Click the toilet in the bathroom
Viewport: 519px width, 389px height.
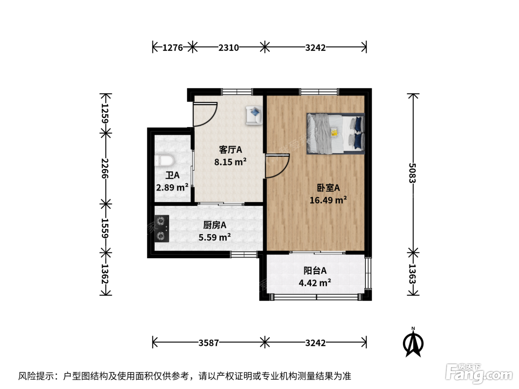(164, 161)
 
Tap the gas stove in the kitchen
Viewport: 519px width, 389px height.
(162, 228)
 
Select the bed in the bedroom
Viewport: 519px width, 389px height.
(336, 134)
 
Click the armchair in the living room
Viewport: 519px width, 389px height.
(254, 115)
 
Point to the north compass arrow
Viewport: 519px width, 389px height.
(413, 343)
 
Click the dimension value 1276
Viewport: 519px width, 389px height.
(173, 48)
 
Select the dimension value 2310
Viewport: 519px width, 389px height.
(229, 48)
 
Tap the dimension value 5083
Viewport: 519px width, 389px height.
(412, 173)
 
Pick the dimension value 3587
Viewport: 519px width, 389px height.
(209, 343)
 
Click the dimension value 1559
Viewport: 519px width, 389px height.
(105, 228)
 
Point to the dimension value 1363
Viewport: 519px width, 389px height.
(412, 274)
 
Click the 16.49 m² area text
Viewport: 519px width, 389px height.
(328, 200)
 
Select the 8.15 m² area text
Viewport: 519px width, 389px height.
(230, 162)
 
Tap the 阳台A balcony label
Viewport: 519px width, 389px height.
(315, 271)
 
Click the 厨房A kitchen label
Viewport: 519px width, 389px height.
(215, 225)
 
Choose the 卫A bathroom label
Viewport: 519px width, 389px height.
(172, 175)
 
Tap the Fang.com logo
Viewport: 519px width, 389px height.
(479, 373)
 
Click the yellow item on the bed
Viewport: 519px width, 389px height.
(334, 132)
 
